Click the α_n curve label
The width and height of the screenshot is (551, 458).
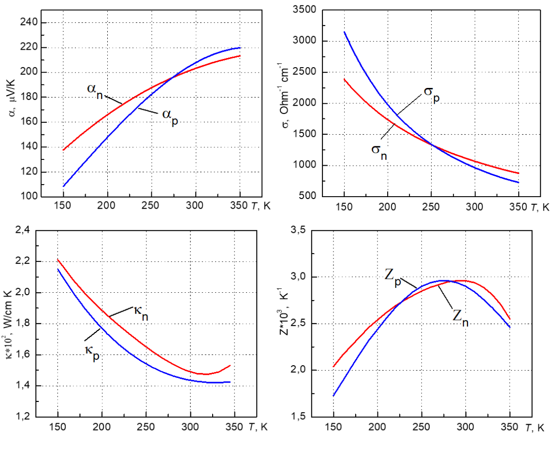96,91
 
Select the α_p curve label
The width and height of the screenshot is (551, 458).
169,117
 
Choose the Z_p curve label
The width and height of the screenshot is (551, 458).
394,276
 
